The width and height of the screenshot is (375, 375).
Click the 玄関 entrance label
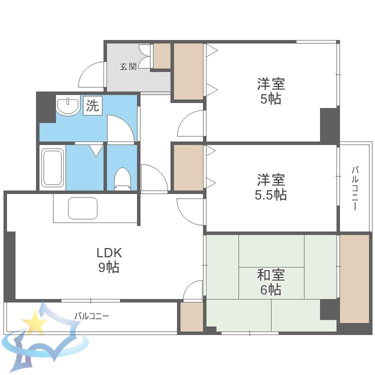(128, 66)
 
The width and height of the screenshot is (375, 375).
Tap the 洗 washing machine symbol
(92, 105)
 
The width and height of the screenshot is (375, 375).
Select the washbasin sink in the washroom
(68, 105)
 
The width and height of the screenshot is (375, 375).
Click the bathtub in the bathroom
(52, 167)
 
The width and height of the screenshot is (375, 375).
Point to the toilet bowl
(123, 178)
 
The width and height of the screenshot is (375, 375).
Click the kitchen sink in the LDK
(82, 208)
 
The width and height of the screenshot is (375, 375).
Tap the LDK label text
(109, 253)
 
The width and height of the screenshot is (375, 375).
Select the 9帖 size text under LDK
(109, 267)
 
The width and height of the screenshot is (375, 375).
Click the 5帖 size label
(270, 98)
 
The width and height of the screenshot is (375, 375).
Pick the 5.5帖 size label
(270, 194)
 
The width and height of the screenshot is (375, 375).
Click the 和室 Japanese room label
(271, 275)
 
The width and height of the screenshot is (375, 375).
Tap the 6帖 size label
(270, 289)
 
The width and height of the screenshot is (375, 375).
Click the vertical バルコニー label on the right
(355, 188)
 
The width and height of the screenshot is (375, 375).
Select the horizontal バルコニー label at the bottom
(92, 316)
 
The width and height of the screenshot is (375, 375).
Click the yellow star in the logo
(34, 322)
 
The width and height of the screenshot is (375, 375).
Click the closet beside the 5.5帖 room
(188, 167)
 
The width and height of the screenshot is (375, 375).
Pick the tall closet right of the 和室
(354, 279)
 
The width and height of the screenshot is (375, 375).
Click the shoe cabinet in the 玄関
(162, 55)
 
